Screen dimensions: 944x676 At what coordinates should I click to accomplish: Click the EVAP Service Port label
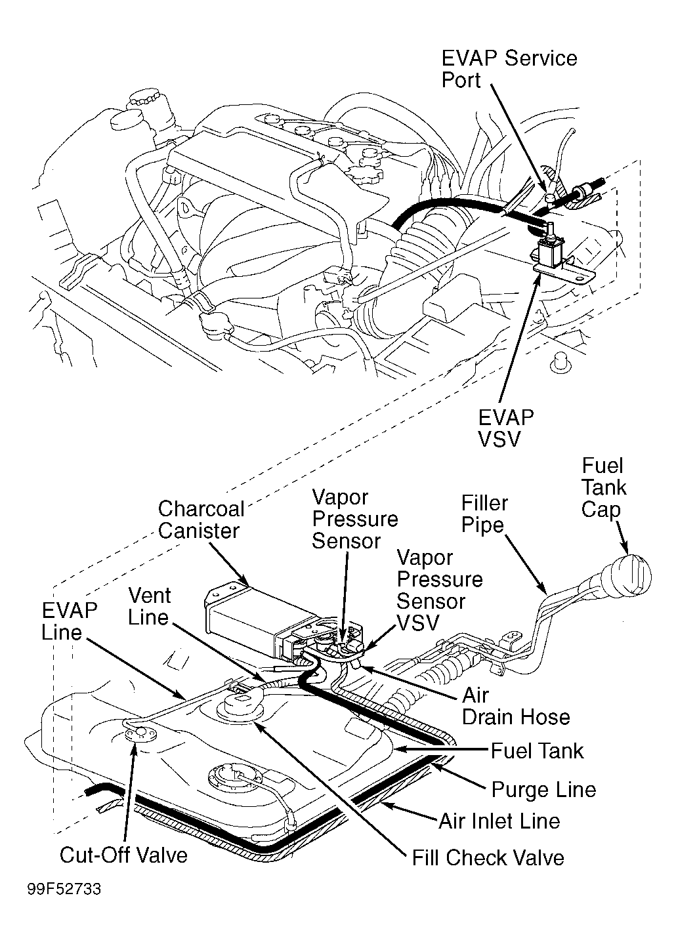(x=509, y=69)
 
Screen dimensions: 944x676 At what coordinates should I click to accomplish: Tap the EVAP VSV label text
(x=505, y=428)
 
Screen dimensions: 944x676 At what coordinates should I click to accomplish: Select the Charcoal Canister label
(x=201, y=520)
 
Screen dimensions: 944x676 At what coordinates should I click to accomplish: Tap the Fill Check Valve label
(x=488, y=857)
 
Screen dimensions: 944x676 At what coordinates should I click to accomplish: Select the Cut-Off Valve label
(x=123, y=855)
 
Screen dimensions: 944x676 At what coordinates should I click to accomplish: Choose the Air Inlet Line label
(x=499, y=821)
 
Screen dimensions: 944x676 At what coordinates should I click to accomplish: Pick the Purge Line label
(x=543, y=789)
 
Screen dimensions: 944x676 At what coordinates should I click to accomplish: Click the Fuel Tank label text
(x=537, y=750)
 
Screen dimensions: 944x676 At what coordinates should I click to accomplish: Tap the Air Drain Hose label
(x=515, y=706)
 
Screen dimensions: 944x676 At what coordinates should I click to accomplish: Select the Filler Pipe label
(x=484, y=514)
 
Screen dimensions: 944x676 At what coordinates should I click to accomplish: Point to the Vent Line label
(x=149, y=606)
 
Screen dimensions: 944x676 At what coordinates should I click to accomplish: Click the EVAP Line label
(x=70, y=621)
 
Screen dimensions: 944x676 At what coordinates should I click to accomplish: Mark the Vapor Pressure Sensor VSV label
(x=440, y=590)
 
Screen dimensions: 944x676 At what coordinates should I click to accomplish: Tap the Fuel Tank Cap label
(x=604, y=487)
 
